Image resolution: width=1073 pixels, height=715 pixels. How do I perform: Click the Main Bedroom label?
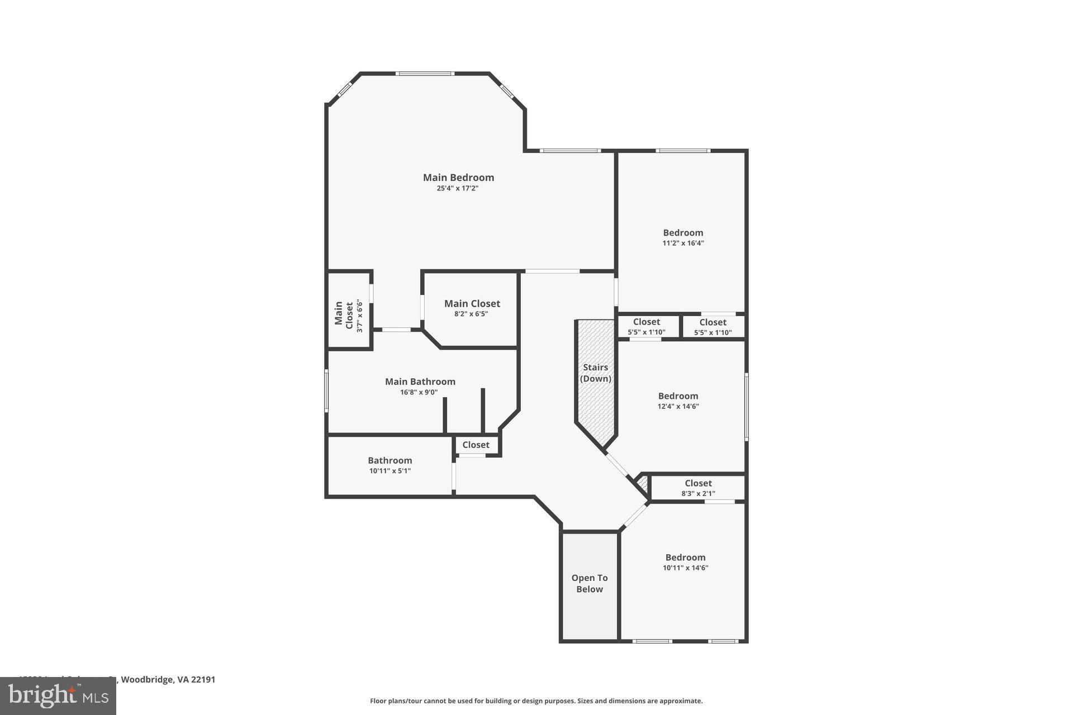458,178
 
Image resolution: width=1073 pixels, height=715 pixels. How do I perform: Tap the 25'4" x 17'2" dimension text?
458,189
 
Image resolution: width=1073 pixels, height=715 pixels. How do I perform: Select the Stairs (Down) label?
595,373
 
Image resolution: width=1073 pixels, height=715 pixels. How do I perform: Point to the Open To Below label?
590,584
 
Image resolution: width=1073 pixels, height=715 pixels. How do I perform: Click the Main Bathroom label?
420,382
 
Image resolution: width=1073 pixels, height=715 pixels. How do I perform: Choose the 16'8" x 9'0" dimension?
419,393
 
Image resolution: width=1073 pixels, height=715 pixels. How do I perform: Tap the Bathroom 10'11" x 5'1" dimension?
390,471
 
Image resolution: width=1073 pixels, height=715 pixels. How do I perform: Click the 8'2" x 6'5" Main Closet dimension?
471,314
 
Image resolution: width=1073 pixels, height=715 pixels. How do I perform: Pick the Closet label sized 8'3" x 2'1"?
698,483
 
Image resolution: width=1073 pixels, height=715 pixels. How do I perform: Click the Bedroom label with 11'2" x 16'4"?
683,233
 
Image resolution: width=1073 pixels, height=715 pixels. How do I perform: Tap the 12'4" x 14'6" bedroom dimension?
678,407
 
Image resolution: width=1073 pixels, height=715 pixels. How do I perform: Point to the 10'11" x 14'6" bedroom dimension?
685,568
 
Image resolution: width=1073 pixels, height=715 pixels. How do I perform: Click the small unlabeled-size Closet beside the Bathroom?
476,445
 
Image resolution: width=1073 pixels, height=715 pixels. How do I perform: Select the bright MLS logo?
58,695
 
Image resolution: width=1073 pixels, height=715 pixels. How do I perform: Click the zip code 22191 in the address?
203,680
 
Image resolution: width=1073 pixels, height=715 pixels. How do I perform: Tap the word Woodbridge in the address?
147,680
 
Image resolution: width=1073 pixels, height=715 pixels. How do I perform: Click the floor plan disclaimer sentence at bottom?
536,701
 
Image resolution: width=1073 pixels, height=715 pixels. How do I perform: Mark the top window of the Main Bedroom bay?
425,73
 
